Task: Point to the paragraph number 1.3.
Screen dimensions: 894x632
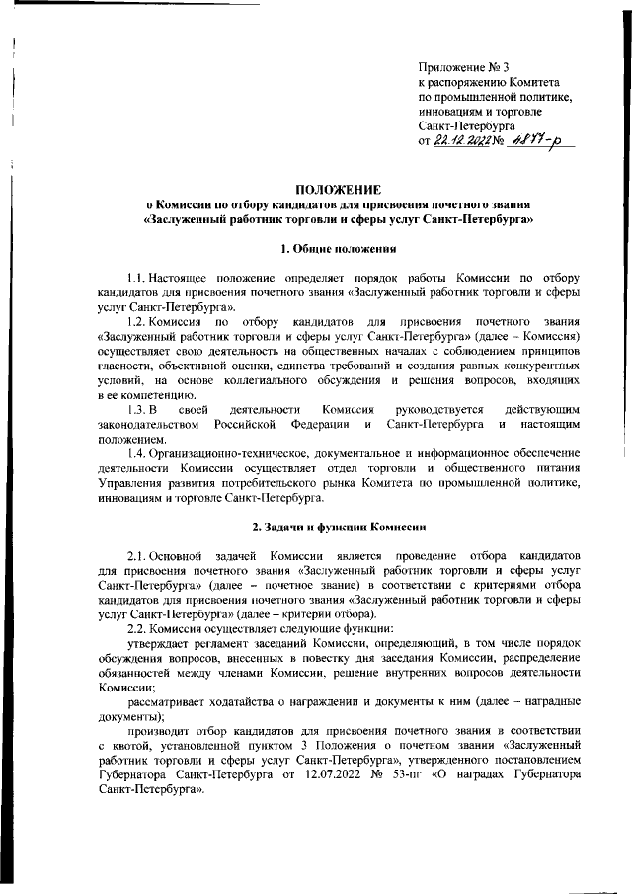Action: [x=129, y=409]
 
